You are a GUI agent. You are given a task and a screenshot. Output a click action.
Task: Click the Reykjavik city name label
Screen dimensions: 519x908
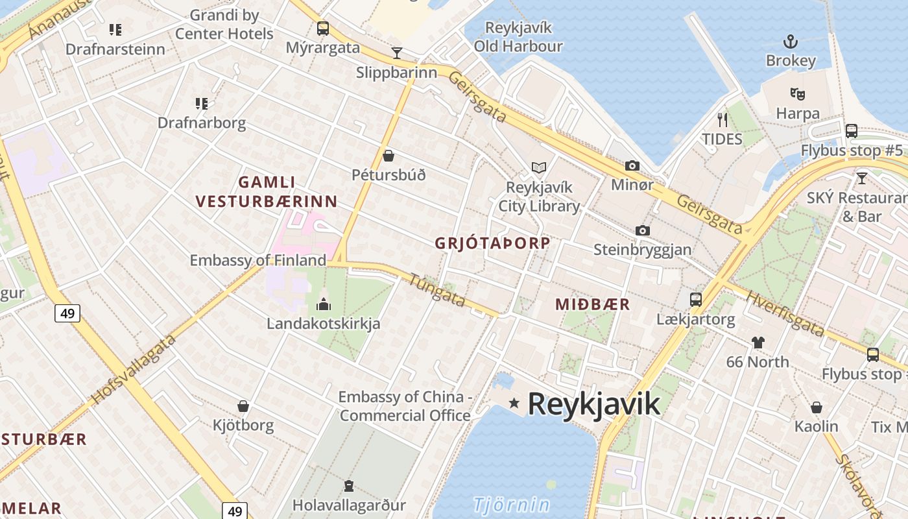[593, 404]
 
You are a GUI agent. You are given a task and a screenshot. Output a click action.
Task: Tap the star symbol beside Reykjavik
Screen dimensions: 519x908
[514, 404]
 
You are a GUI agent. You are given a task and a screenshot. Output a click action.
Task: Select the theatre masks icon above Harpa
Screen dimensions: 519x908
[797, 93]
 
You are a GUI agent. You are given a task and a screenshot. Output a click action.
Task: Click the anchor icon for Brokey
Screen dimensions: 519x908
[790, 43]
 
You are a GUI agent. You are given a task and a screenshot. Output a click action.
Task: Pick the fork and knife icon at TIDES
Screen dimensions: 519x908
[723, 119]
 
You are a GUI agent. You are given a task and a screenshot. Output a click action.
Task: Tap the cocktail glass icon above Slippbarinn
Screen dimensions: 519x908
[397, 53]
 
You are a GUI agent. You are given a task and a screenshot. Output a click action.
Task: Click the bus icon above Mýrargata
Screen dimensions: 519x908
[322, 29]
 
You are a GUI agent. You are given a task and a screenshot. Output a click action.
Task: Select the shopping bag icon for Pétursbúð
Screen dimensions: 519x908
[388, 156]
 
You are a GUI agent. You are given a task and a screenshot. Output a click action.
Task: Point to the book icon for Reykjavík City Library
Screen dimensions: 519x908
[539, 168]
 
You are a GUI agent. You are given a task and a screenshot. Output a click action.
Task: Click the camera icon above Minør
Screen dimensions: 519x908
[632, 166]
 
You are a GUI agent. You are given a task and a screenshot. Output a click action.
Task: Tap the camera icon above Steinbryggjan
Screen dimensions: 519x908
[643, 230]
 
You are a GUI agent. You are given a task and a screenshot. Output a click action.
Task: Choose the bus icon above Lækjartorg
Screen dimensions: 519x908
[696, 299]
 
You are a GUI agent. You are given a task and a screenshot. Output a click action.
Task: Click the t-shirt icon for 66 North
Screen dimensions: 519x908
[758, 342]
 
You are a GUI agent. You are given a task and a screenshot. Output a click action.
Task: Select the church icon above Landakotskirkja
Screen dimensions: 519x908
[323, 304]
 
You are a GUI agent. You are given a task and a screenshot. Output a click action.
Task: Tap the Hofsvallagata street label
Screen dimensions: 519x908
[134, 370]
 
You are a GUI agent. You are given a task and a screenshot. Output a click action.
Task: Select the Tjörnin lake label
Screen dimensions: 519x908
[512, 504]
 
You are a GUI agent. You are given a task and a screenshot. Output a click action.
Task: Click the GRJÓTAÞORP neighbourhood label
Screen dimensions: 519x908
[492, 243]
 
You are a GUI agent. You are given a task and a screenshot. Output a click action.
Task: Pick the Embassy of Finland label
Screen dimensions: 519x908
[257, 260]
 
